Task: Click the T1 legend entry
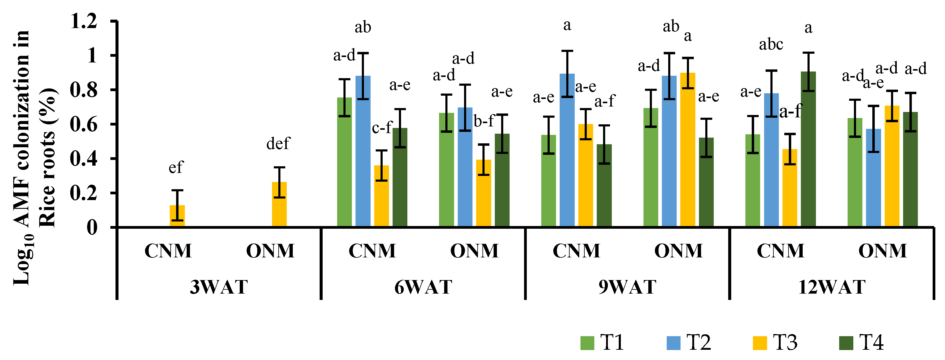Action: pos(602,342)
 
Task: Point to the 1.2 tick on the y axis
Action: pos(84,21)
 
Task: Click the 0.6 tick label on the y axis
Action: pos(84,124)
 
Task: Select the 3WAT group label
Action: pos(219,287)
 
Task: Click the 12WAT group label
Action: pos(832,287)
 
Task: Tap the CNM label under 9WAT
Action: pos(576,251)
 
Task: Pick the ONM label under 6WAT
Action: pos(474,251)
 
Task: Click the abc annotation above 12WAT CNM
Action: pos(771,45)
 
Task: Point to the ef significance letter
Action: pos(176,167)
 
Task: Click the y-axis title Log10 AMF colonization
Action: pos(22,158)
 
